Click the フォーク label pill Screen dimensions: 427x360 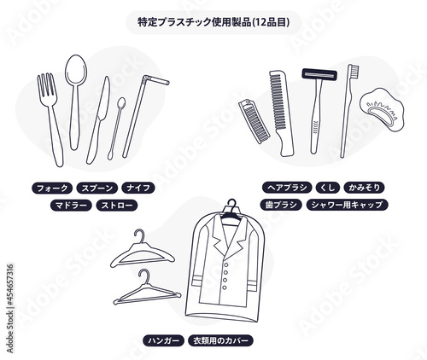pos(52,188)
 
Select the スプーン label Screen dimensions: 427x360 pos(97,188)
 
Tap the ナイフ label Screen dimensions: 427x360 pos(138,188)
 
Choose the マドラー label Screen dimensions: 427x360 pos(71,205)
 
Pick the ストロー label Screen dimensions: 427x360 pos(117,205)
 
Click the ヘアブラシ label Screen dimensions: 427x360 pos(287,188)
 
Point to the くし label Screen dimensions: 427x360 pos(328,188)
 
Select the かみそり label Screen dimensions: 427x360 pos(364,188)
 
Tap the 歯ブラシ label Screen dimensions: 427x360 pos(281,205)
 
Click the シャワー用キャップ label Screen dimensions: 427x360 pos(347,205)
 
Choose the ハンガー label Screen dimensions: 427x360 pos(163,340)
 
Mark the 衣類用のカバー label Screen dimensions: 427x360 pos(220,340)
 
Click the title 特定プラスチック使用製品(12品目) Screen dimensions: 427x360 pos(213,22)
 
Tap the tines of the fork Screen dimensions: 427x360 pos(46,85)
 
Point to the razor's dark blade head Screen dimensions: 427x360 pos(319,74)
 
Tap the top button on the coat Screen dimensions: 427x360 pos(226,264)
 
